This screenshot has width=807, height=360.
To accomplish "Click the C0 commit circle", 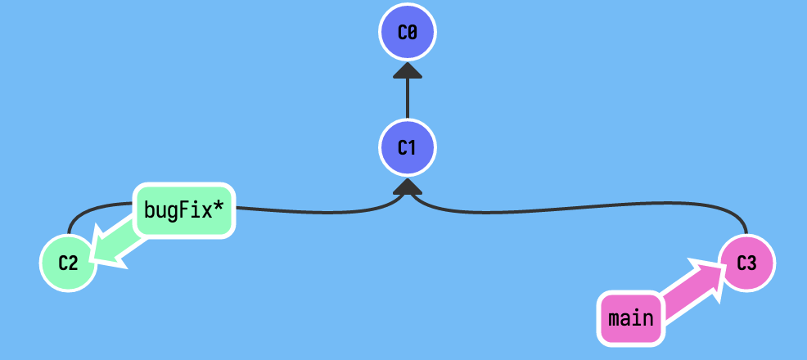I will click(408, 33).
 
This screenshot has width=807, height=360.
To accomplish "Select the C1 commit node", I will click(408, 148).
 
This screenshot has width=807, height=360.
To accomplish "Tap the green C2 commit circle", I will click(68, 263).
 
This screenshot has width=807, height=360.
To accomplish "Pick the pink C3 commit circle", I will click(746, 263).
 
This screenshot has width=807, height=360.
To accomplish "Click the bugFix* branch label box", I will click(183, 210).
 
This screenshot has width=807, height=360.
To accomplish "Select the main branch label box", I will click(631, 317).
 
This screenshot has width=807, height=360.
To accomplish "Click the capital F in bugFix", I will click(185, 210).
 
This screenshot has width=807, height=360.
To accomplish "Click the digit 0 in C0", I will click(413, 33).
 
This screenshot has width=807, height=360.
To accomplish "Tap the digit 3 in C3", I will click(752, 263).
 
